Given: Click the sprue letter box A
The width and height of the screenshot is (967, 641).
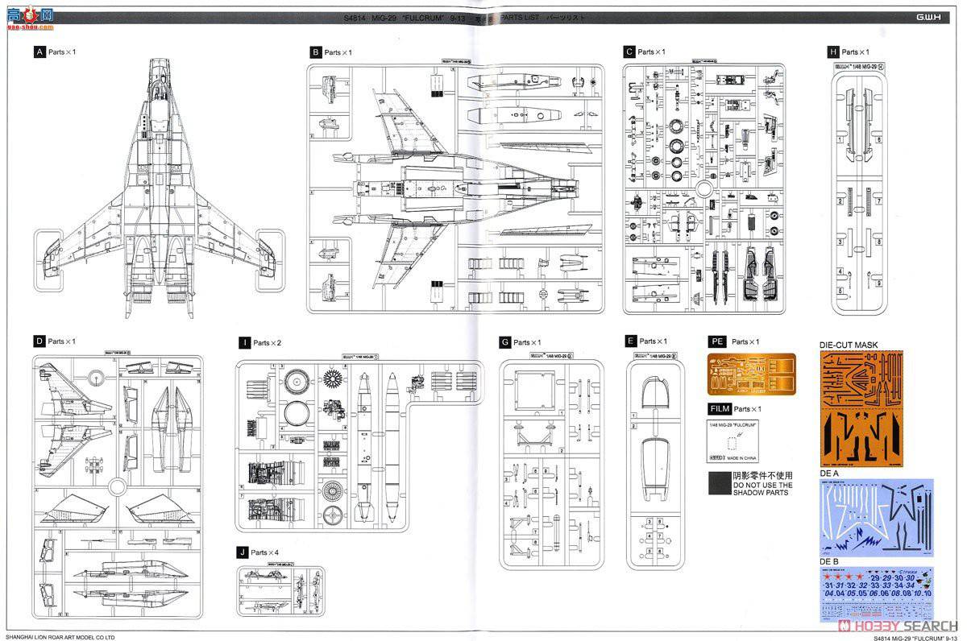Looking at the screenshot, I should click(x=39, y=52).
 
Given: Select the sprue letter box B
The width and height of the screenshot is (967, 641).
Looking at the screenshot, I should click(x=315, y=52).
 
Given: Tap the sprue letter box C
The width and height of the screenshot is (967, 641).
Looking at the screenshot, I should click(x=629, y=52).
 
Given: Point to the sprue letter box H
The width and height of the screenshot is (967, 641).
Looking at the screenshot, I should click(x=834, y=52).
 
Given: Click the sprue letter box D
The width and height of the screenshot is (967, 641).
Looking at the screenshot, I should click(x=39, y=341).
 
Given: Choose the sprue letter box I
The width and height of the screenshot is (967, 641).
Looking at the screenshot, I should click(x=243, y=343).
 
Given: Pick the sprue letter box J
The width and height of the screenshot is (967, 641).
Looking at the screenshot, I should click(x=242, y=552).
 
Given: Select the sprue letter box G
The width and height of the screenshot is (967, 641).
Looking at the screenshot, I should click(x=504, y=342).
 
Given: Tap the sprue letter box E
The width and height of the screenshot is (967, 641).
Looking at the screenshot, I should click(x=630, y=341).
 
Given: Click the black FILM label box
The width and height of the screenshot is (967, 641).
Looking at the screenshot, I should click(x=719, y=409).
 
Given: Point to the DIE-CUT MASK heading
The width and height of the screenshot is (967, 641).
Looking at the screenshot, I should click(x=849, y=345).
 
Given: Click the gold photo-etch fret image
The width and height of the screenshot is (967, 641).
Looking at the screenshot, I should click(x=751, y=374).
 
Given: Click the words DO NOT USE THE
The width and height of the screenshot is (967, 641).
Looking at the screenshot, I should click(x=762, y=486).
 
